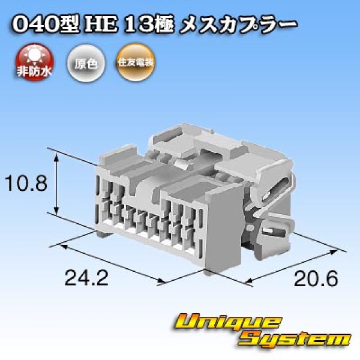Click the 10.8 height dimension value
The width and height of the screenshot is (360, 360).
25,183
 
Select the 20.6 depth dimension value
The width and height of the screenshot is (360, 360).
316,278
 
